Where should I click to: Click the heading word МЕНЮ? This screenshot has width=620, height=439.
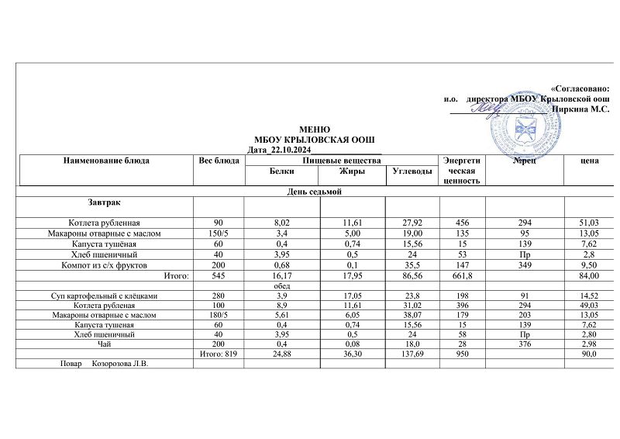pyautogui.click(x=315, y=129)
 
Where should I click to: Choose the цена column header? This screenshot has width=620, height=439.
pyautogui.click(x=589, y=161)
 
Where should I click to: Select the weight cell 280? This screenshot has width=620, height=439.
pyautogui.click(x=219, y=296)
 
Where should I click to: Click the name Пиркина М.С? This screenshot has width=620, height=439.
pyautogui.click(x=580, y=109)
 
